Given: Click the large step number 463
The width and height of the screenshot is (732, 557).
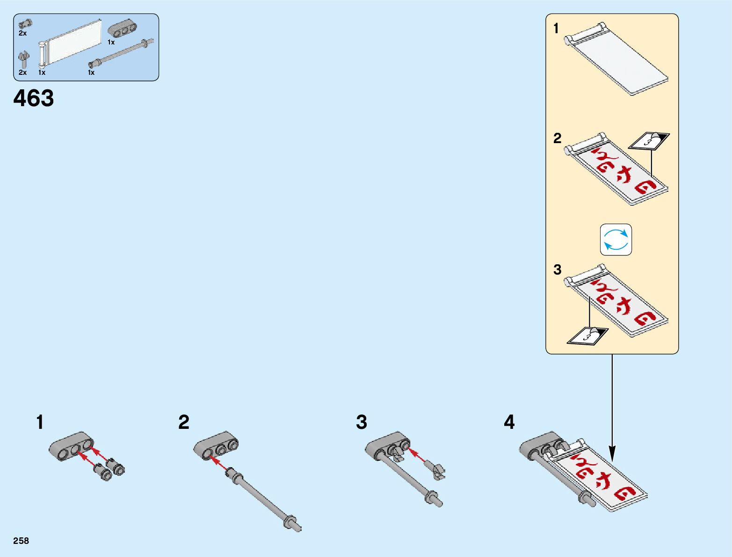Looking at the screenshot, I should (x=34, y=98).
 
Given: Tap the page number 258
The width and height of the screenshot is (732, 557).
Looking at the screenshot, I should (x=21, y=541).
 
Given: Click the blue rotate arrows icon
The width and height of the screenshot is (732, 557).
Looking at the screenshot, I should (x=616, y=239).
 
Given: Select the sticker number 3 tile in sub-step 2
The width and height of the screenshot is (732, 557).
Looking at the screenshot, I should (x=648, y=140).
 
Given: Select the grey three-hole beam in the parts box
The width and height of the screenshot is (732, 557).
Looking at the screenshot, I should (x=123, y=29).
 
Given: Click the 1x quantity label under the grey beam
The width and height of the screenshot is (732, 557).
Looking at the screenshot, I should (x=111, y=42).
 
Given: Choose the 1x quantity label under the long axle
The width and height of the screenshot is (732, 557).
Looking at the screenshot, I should (x=91, y=72).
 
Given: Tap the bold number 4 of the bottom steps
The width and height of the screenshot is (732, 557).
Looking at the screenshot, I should (x=509, y=422).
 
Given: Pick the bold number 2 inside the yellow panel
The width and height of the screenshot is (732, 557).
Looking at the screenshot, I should (x=557, y=138).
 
